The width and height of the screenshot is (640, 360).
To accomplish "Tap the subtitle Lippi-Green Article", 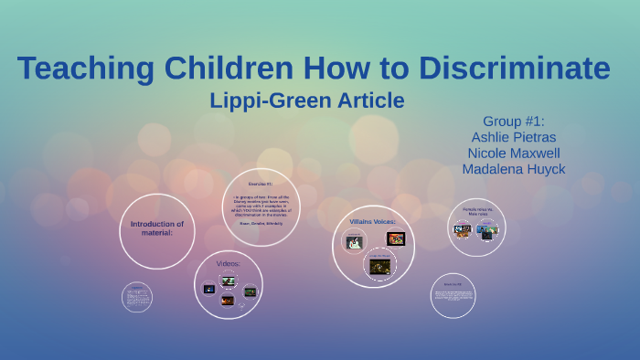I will tap(307, 100).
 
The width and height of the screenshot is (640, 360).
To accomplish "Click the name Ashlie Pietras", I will tap(512, 137).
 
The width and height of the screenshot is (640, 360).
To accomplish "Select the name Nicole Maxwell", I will tap(512, 153).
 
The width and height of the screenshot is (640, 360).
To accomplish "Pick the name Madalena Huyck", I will tap(512, 169).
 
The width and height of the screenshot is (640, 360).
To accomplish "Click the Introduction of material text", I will tap(157, 228).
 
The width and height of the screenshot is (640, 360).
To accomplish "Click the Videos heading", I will tap(228, 263).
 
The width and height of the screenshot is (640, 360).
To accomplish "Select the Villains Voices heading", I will tap(372, 221).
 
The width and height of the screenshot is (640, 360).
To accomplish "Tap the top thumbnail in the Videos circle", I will tap(228, 281).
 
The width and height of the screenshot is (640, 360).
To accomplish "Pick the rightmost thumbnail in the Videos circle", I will tap(250, 291).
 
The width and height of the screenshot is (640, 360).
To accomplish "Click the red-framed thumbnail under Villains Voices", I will tap(396, 239).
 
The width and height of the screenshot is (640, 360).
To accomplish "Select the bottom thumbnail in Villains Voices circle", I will tap(379, 266).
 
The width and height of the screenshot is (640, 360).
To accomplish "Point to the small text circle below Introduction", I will tap(137, 297).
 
